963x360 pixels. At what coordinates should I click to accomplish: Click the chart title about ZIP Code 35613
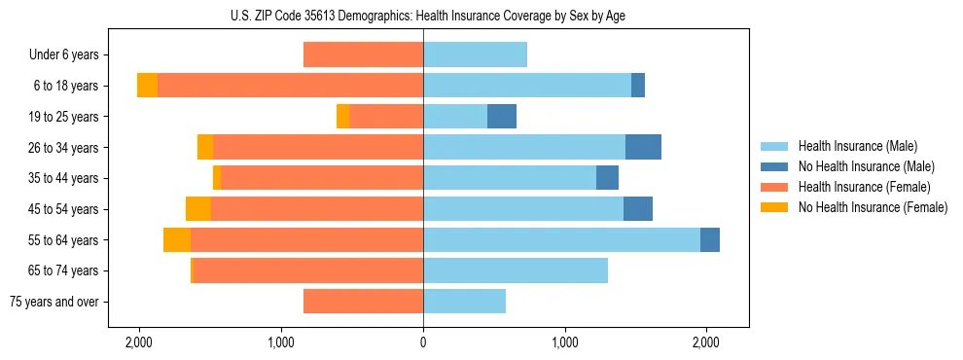(423, 16)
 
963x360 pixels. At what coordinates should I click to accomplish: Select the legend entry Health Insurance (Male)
(857, 146)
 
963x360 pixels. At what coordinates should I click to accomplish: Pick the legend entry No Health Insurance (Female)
(873, 207)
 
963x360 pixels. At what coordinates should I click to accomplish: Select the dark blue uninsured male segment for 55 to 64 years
(709, 239)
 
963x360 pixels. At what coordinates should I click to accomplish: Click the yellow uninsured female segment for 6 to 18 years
(147, 86)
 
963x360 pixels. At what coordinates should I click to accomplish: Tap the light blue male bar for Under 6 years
(475, 54)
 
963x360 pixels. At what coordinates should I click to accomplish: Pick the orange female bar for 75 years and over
(363, 302)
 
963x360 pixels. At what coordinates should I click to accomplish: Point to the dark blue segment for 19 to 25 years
(502, 117)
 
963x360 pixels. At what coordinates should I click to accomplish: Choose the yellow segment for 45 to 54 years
(198, 209)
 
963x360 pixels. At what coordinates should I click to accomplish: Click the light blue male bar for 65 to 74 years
(516, 270)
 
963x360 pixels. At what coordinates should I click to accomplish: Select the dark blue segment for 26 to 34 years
(643, 147)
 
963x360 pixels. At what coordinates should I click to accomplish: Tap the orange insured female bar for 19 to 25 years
(386, 117)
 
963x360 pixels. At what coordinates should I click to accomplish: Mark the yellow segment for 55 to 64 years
(177, 239)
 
